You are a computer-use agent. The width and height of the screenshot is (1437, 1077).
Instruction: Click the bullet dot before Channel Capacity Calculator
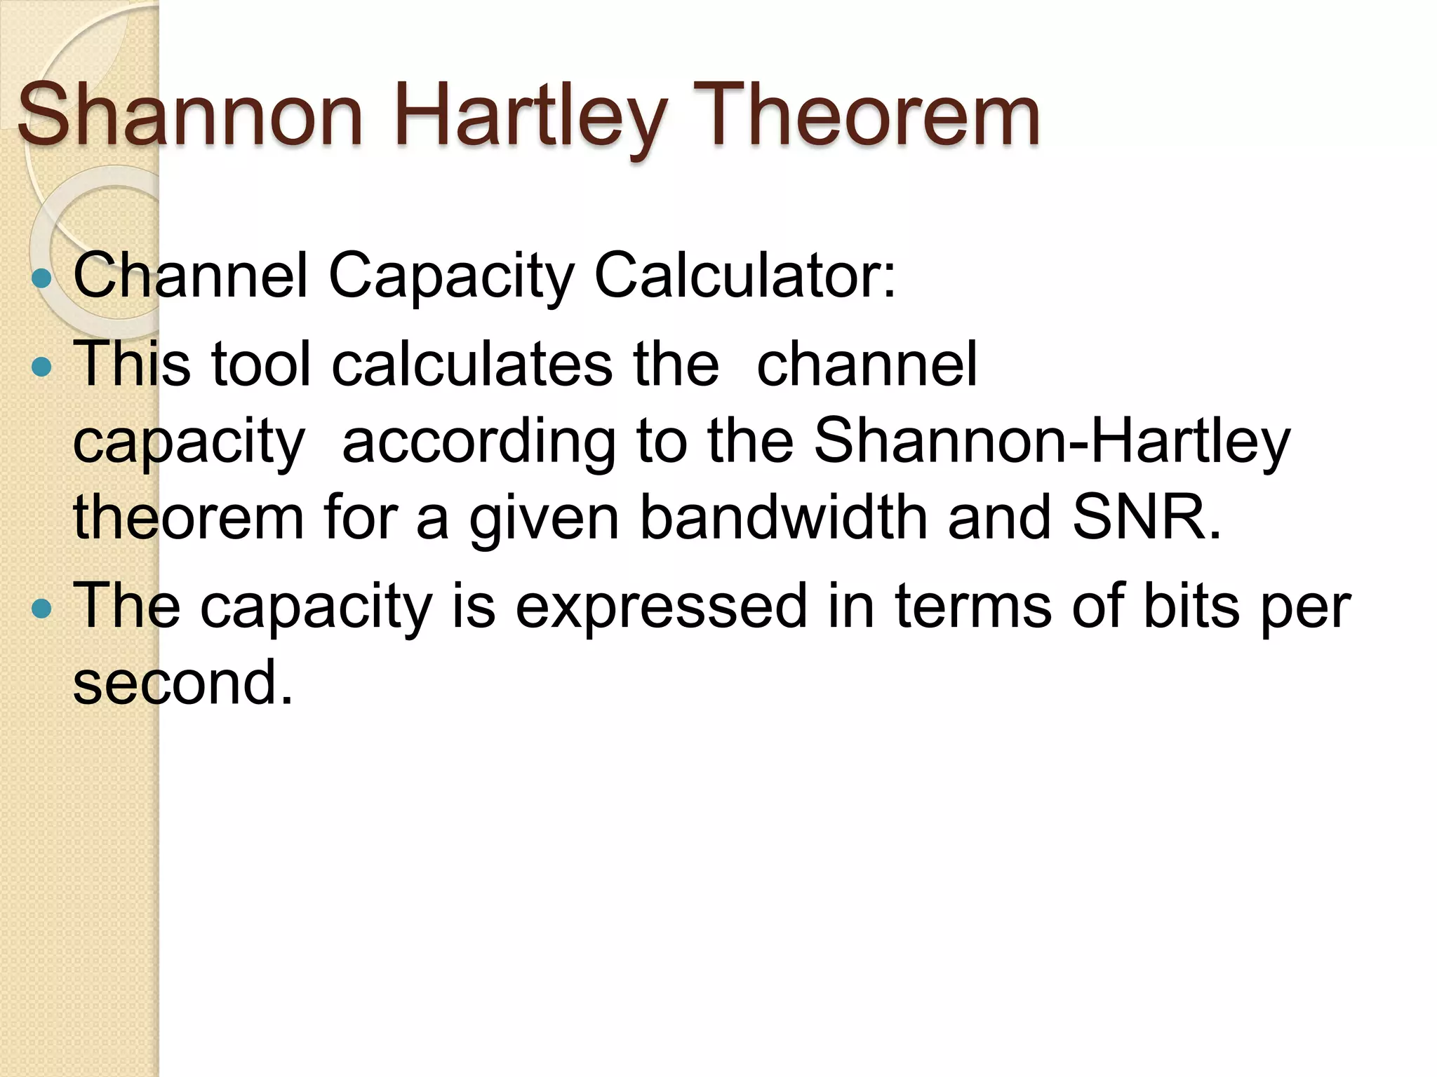(x=42, y=279)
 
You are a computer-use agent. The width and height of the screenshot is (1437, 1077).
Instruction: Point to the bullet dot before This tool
(x=42, y=367)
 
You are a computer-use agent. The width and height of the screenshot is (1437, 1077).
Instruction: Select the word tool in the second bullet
(x=261, y=364)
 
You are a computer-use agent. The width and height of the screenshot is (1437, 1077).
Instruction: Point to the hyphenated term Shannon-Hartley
(x=1051, y=442)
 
